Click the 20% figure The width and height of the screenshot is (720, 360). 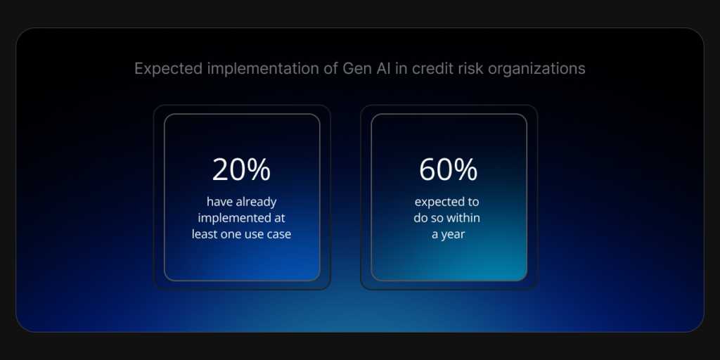point(241,169)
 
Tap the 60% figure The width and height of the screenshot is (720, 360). point(448,169)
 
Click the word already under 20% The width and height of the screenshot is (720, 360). point(257,202)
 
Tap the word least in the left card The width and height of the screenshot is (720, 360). point(207,234)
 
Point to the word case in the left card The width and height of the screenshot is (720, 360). point(276,234)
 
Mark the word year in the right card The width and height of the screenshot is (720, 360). point(454,234)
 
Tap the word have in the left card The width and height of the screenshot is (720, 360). point(219,202)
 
